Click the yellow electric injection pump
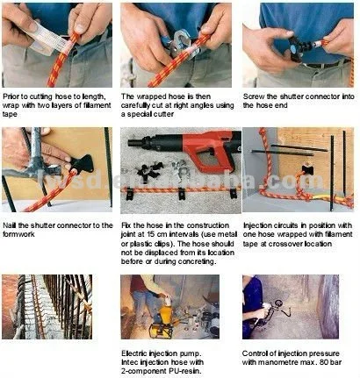pos(162,322)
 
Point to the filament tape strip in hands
pos(47,40)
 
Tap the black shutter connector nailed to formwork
pos(82,164)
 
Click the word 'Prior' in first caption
pos(11,96)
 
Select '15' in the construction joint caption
pos(151,234)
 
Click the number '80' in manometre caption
pos(324,362)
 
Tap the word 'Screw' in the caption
pos(254,96)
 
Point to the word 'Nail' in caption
pos(10,225)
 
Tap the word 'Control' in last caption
pos(254,353)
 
